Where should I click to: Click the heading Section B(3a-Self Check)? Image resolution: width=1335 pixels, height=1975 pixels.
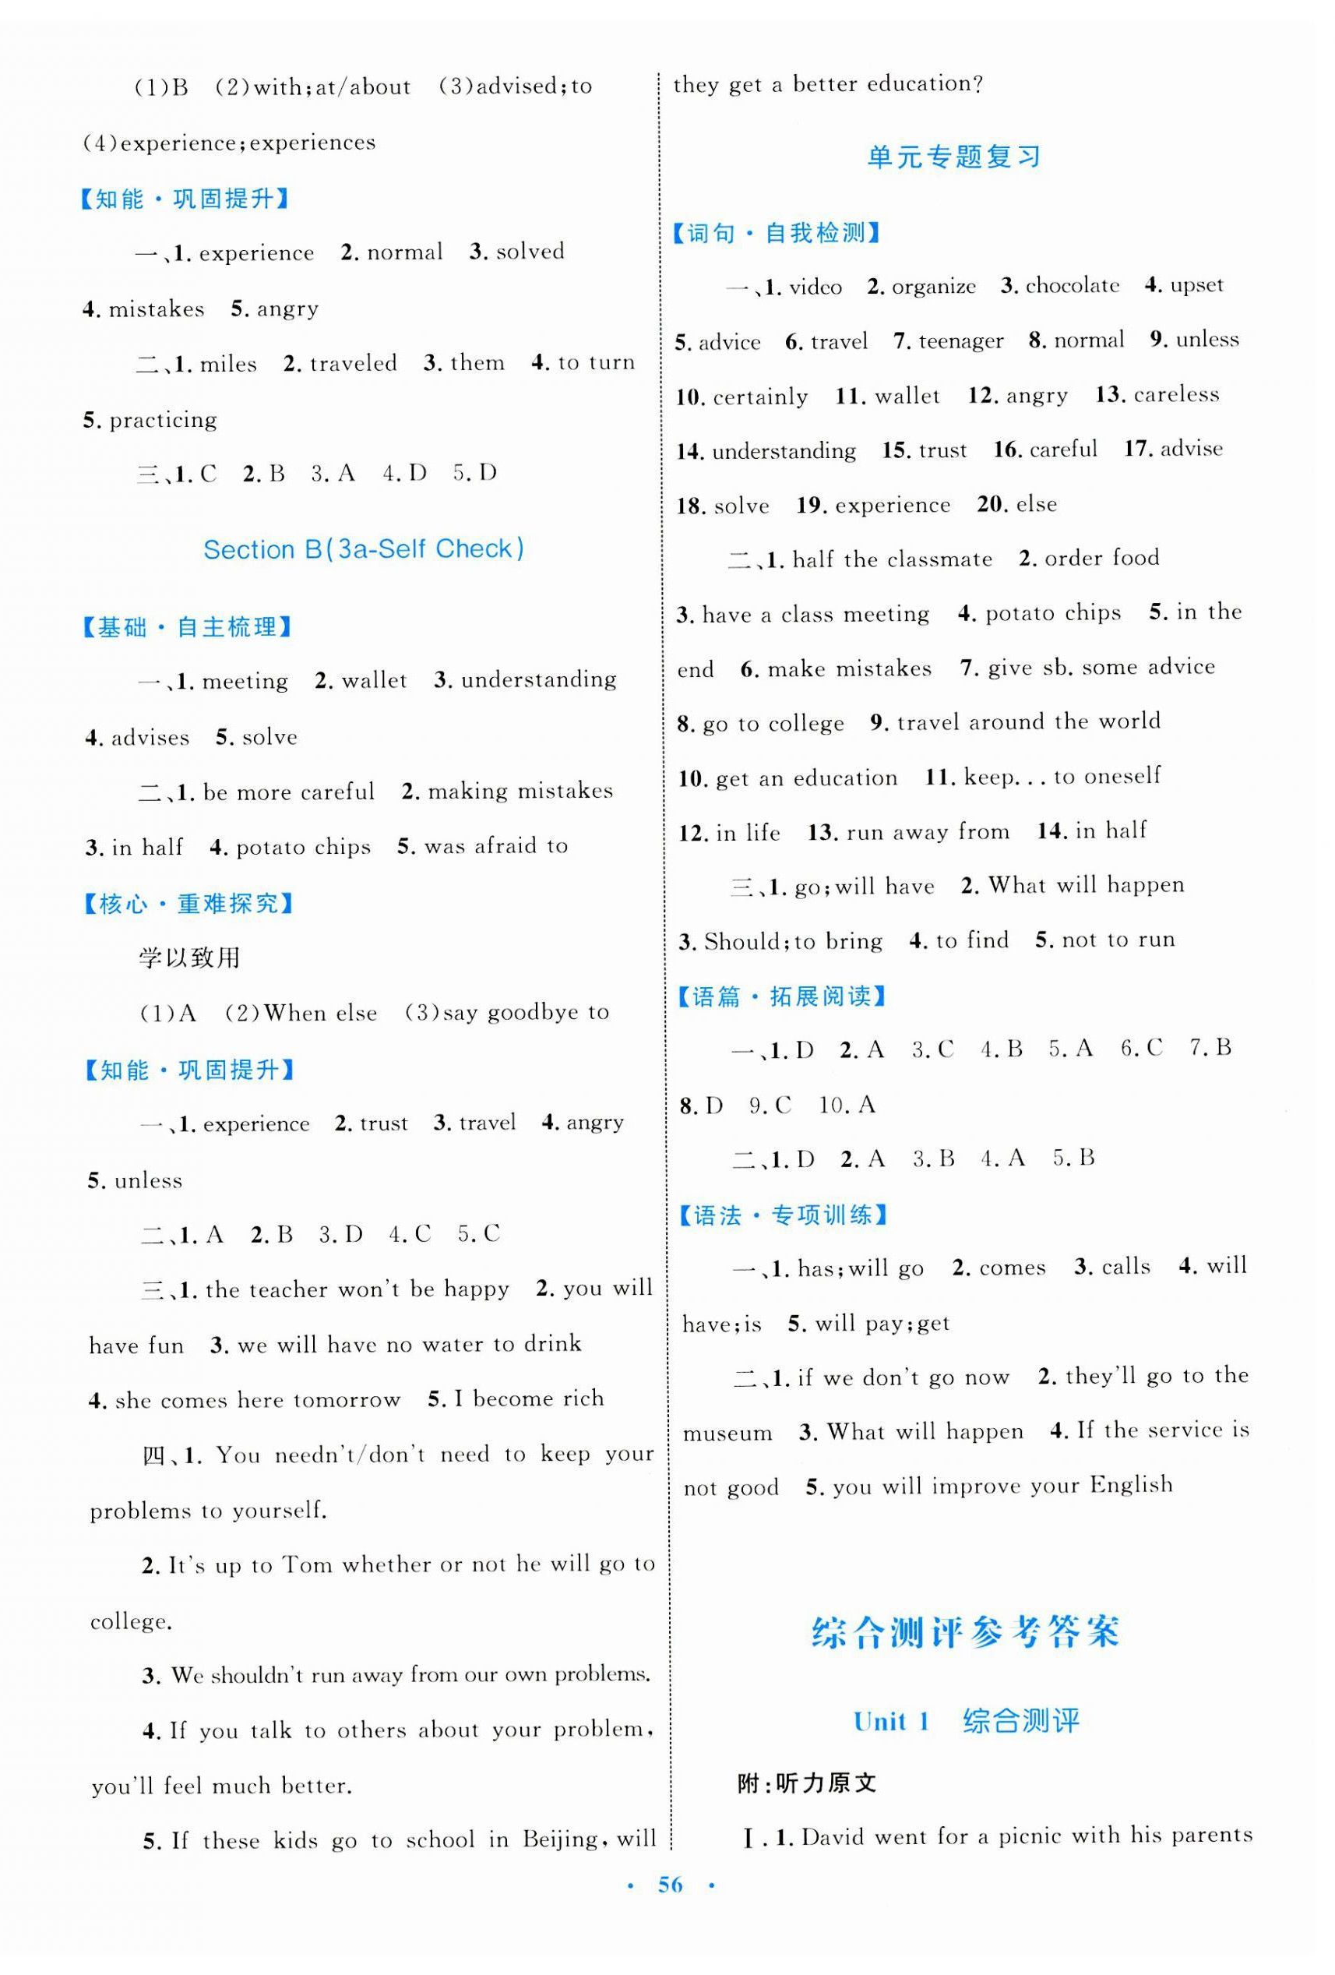(x=364, y=549)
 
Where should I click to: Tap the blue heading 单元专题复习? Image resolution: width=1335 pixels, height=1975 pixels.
(x=953, y=157)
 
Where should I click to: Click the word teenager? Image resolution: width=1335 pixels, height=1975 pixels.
(x=961, y=341)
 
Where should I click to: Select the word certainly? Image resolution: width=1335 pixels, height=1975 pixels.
(x=760, y=397)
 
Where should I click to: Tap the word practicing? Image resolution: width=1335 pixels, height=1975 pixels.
(x=163, y=421)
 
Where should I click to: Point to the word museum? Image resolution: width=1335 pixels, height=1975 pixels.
(x=727, y=1434)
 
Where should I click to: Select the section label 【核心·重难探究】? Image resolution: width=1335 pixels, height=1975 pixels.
(x=188, y=905)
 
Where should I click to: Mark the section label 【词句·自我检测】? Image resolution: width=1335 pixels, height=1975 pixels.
(x=777, y=233)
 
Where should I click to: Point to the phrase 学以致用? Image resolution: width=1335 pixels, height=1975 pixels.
(x=189, y=958)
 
